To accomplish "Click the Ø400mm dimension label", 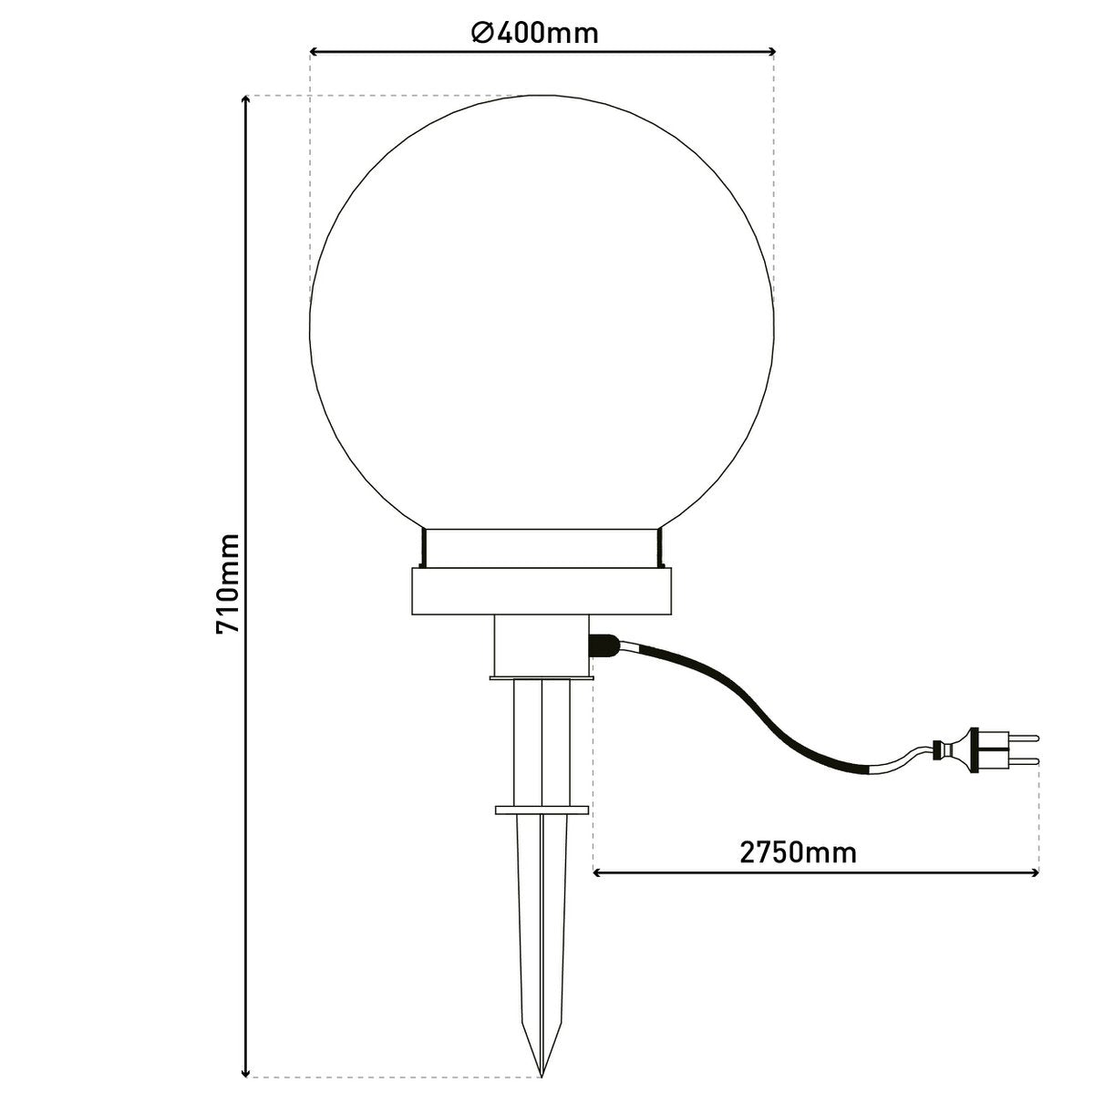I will tap(535, 34).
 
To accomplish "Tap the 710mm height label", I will tap(227, 583).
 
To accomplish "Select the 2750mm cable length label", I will tap(798, 852).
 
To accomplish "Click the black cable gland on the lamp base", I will tap(602, 646).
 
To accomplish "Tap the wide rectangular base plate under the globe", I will tap(542, 592).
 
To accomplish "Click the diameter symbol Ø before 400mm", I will tap(482, 34).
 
